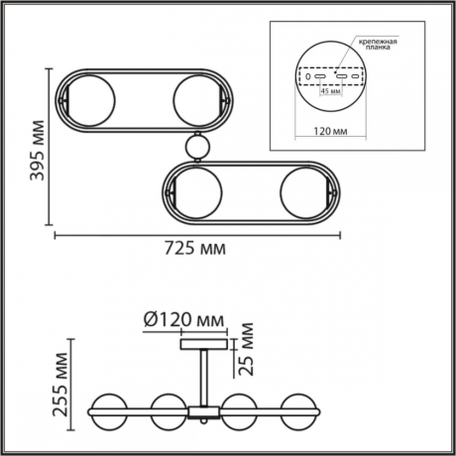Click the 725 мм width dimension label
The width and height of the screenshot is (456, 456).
tap(192, 248)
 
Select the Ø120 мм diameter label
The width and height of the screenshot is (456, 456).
tap(183, 320)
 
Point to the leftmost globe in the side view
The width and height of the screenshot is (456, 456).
tap(111, 408)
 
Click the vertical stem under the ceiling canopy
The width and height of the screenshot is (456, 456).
tap(204, 375)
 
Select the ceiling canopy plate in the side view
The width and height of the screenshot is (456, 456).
tap(203, 344)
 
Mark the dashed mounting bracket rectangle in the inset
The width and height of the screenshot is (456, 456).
tap(334, 75)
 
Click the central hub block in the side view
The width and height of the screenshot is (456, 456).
tap(204, 408)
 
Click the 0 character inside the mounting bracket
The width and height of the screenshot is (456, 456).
tap(309, 75)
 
